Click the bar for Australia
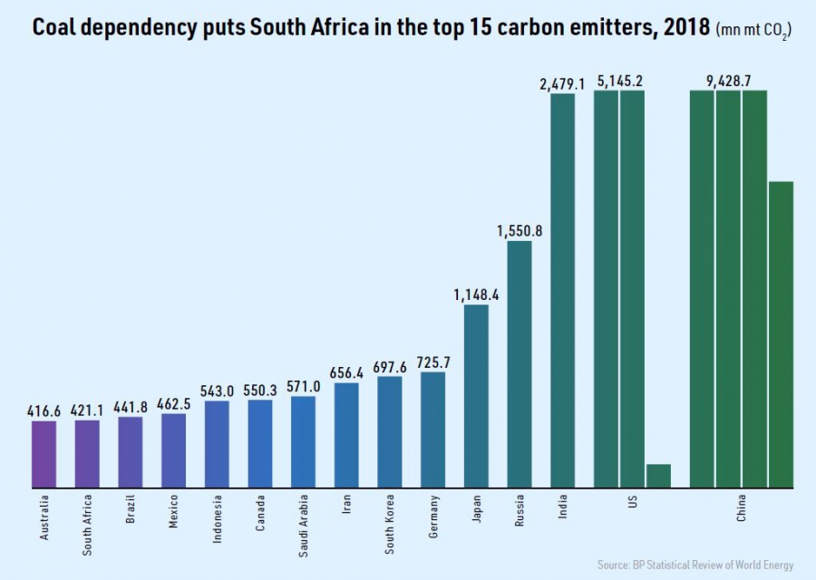44,454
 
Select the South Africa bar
87,453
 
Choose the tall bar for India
563,290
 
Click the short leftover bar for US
658,476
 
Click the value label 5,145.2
620,82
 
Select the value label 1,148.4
476,294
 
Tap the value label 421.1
87,410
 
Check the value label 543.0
217,391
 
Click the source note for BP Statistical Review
695,565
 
